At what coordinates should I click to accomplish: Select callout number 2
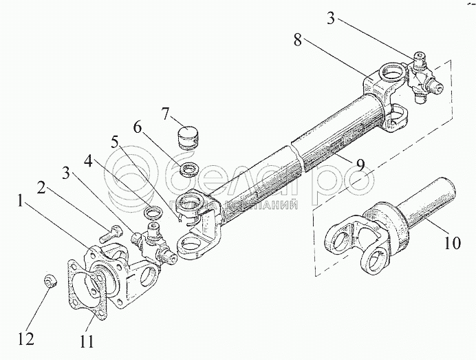pos(42,187)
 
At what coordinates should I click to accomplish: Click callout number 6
pos(138,127)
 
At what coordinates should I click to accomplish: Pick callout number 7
pos(165,112)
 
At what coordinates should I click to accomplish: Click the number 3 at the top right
pos(331,19)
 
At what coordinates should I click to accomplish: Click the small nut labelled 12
pos(50,281)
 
